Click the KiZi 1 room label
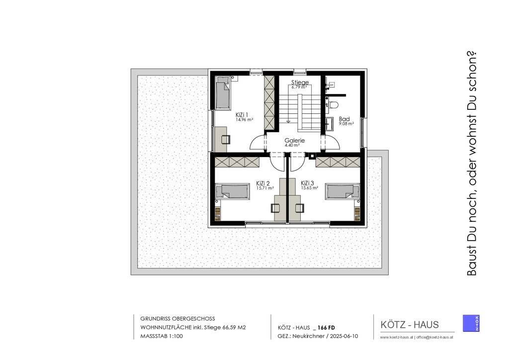[x=242, y=114]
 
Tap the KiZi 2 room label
[x=262, y=183]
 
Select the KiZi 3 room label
[x=307, y=183]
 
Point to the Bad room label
[x=344, y=119]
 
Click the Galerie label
[x=294, y=141]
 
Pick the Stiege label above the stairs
[x=300, y=83]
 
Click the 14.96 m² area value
[x=245, y=119]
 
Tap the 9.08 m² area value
[x=346, y=124]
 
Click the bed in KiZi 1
[x=223, y=93]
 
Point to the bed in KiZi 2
[x=233, y=191]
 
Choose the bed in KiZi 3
[x=343, y=191]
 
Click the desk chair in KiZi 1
[x=226, y=139]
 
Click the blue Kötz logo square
[x=471, y=323]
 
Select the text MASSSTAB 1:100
[x=162, y=336]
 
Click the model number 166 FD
[x=326, y=328]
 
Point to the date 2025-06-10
[x=344, y=336]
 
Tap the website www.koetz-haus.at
[x=396, y=337]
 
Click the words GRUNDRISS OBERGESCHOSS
[x=177, y=319]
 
